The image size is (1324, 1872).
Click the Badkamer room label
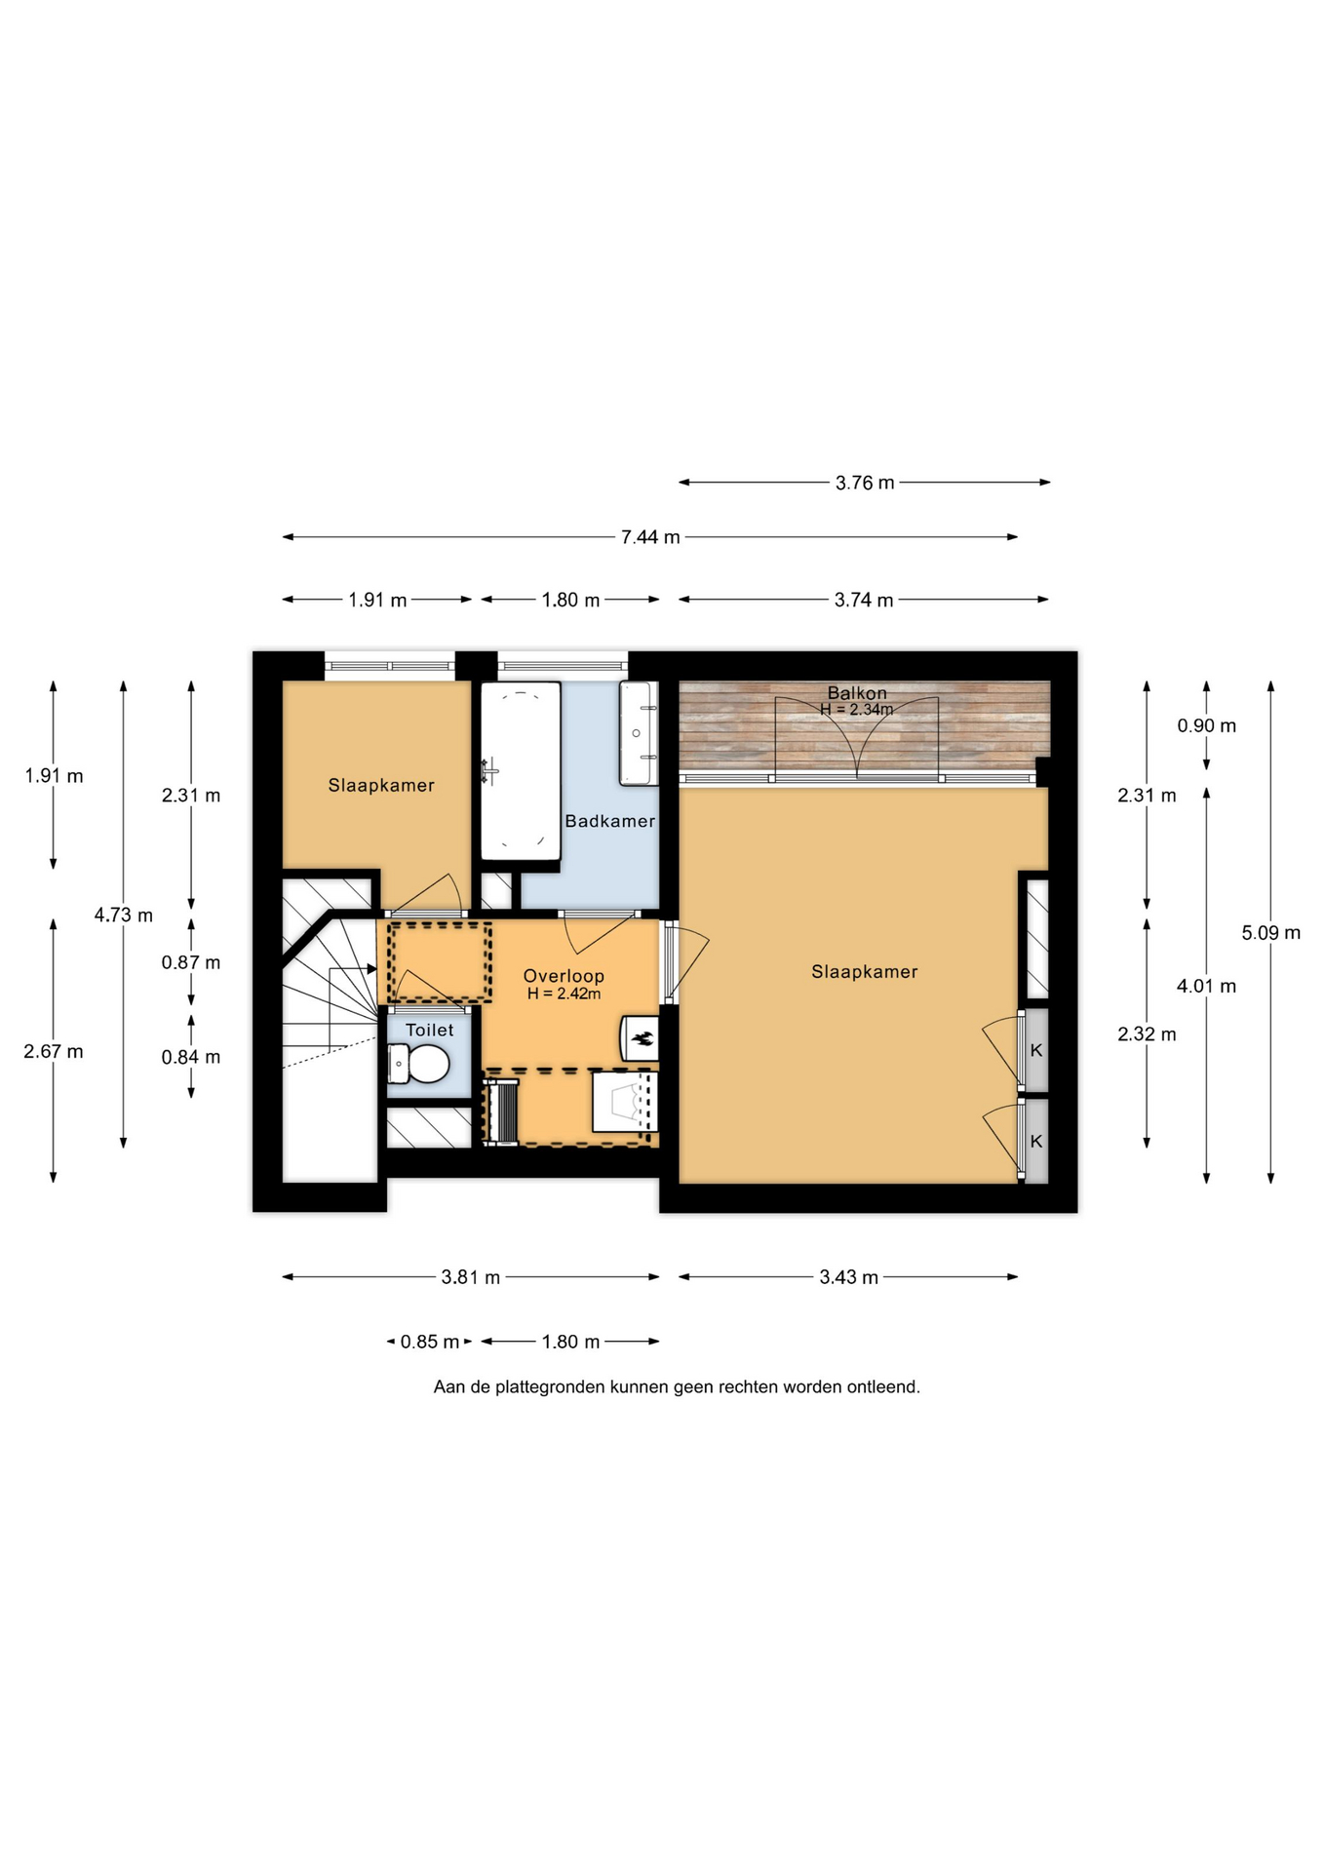pyautogui.click(x=609, y=821)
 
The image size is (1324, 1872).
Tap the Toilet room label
pyautogui.click(x=430, y=1030)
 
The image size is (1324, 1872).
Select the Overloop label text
pyautogui.click(x=564, y=976)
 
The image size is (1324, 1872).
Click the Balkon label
pyautogui.click(x=857, y=693)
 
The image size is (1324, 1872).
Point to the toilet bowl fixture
pyautogui.click(x=419, y=1064)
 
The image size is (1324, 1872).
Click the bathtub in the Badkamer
pyautogui.click(x=521, y=770)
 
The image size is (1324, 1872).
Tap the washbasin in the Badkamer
pyautogui.click(x=639, y=732)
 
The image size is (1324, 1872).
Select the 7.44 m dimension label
pyautogui.click(x=650, y=537)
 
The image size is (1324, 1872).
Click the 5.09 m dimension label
pyautogui.click(x=1270, y=933)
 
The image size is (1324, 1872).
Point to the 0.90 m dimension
pyautogui.click(x=1206, y=725)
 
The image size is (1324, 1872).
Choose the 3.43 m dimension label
pyautogui.click(x=848, y=1277)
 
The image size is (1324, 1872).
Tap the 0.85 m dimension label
pyautogui.click(x=429, y=1342)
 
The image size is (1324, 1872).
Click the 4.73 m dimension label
pyautogui.click(x=123, y=916)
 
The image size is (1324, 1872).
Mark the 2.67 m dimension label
pyautogui.click(x=54, y=1052)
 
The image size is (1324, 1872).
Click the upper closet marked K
pyautogui.click(x=1036, y=1050)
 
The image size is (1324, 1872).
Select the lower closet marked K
pyautogui.click(x=1036, y=1141)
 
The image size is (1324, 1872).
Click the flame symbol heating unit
pyautogui.click(x=641, y=1038)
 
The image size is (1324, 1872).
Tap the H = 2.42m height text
pyautogui.click(x=564, y=994)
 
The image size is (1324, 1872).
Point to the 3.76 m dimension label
pyautogui.click(x=865, y=483)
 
